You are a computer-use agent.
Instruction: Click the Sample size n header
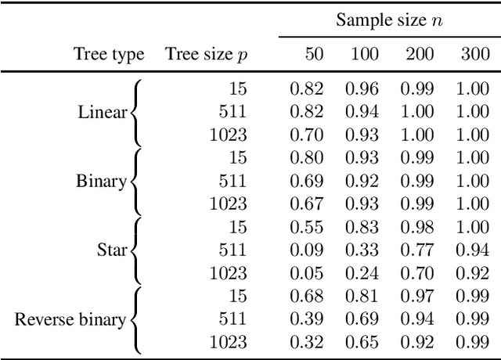[389, 21]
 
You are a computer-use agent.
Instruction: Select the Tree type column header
[109, 54]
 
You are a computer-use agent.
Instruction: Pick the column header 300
[472, 54]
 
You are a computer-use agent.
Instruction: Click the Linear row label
[102, 112]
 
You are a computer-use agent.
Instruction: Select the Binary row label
[101, 182]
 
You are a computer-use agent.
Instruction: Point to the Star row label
[111, 250]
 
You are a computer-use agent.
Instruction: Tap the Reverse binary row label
[70, 319]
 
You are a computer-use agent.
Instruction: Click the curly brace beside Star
[135, 250]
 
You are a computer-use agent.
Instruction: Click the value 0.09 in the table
[306, 250]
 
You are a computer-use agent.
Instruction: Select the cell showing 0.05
[306, 273]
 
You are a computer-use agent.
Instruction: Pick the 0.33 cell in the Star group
[362, 250]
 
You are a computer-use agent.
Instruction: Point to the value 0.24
[362, 273]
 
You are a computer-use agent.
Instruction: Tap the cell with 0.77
[416, 250]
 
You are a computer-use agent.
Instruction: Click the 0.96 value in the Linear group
[362, 89]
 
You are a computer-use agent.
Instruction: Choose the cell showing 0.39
[306, 319]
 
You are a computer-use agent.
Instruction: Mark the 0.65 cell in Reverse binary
[362, 342]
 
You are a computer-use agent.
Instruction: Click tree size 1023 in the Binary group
[228, 204]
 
